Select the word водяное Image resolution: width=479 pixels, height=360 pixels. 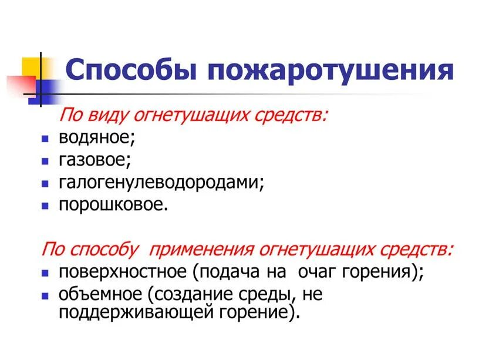coord(97,138)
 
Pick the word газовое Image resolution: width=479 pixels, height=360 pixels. coord(95,160)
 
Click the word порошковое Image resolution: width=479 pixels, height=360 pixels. coord(113,206)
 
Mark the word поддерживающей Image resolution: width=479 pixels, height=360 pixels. coord(129,312)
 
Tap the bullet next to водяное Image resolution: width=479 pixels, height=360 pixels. coord(45,139)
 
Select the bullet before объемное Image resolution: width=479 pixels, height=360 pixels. coord(45,294)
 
